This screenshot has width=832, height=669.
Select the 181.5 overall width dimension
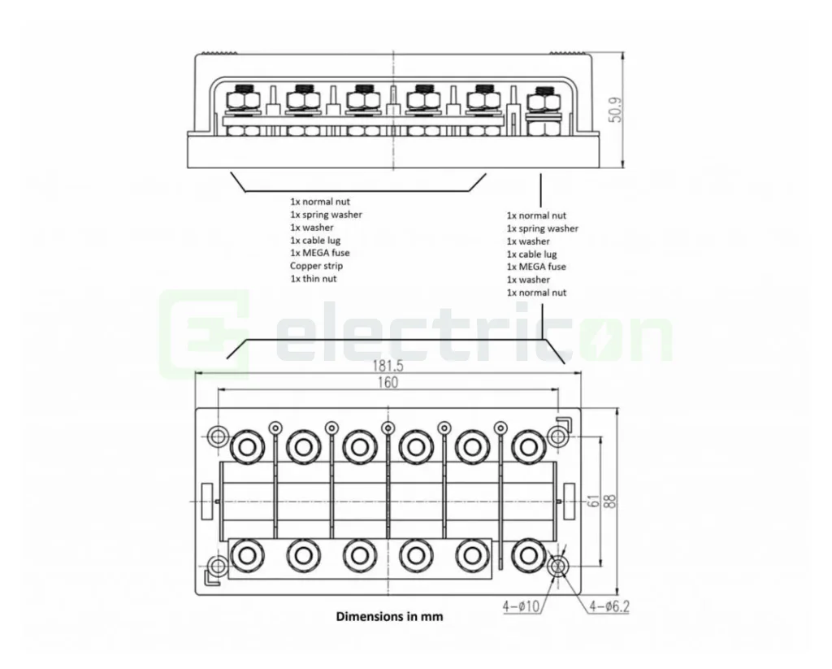(389, 367)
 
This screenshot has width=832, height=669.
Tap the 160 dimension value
(388, 382)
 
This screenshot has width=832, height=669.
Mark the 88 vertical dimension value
(610, 502)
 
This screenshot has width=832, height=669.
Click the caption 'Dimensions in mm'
(389, 616)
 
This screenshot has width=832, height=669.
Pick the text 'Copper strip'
(316, 266)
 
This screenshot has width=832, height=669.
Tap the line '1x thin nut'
(313, 279)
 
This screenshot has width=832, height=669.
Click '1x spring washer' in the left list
(326, 215)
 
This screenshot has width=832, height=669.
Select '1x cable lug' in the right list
(532, 254)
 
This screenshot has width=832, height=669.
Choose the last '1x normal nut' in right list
(536, 293)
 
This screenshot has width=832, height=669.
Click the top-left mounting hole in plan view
(218, 437)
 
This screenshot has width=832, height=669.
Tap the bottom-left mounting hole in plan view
(218, 566)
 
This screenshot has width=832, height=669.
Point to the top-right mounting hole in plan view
(557, 437)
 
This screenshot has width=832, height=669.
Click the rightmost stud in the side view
(538, 104)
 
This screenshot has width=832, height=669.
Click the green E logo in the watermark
(204, 334)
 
